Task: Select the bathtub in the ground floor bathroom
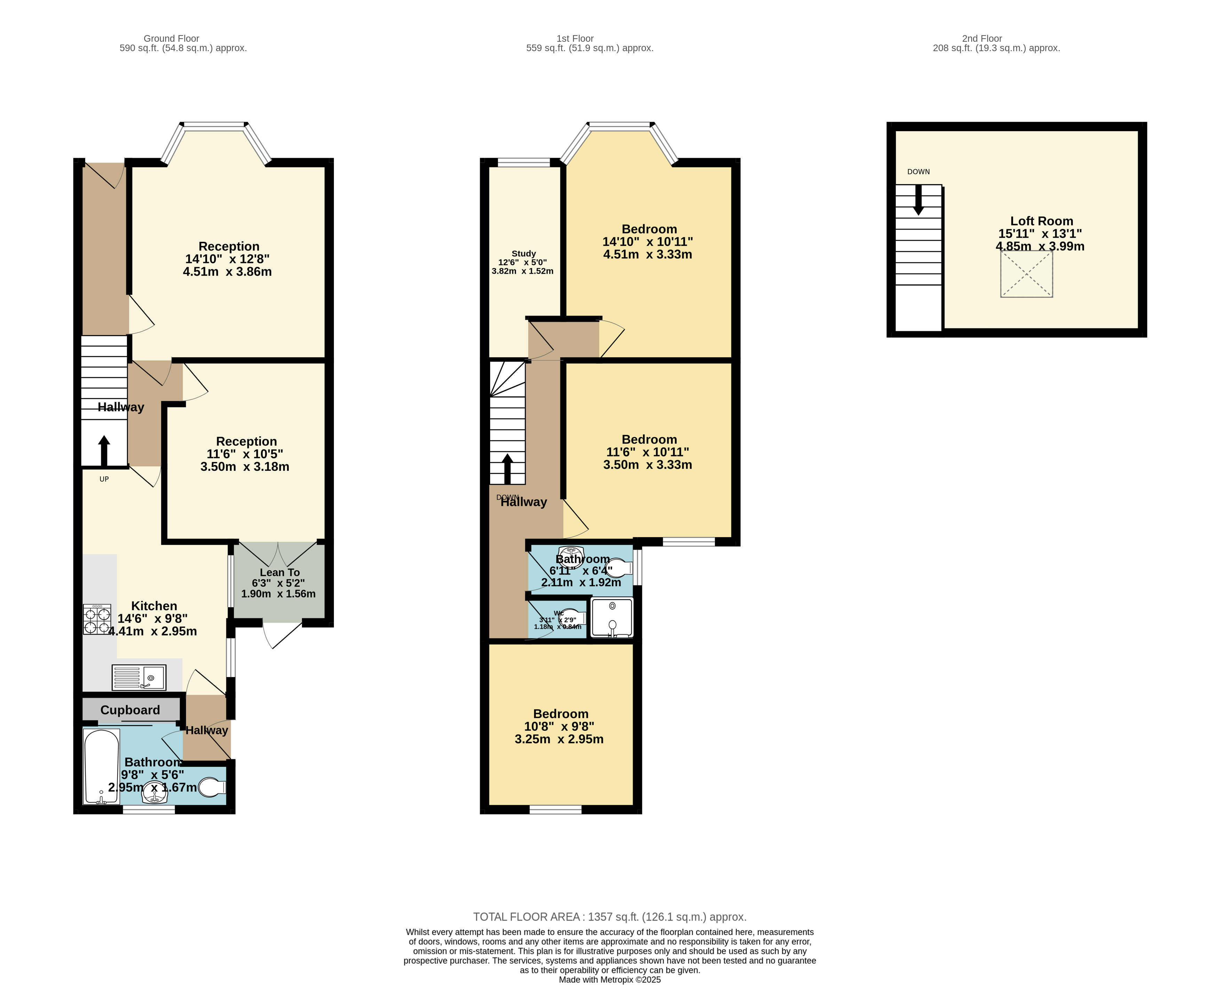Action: tap(102, 766)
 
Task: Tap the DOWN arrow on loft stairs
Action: tap(918, 200)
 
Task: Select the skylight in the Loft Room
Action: tap(1026, 274)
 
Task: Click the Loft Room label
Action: tap(1041, 221)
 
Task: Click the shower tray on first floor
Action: tap(612, 617)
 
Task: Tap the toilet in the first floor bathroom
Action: tap(619, 568)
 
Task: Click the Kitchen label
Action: tap(154, 606)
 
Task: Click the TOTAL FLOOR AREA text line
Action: tap(610, 917)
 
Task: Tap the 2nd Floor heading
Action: tap(982, 39)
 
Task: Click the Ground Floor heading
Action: tap(171, 39)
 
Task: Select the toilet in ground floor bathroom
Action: tap(213, 787)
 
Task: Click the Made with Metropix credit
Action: tap(610, 980)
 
